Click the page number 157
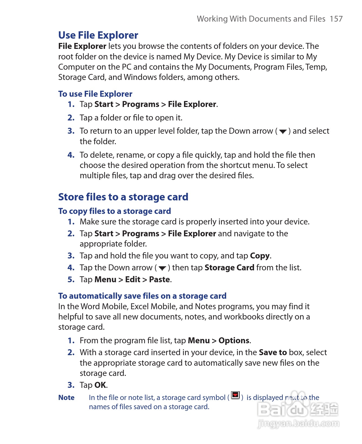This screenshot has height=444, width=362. [336, 19]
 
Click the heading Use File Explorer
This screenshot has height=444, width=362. [98, 35]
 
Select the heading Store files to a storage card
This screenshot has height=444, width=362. [123, 197]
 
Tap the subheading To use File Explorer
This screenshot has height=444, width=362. [95, 94]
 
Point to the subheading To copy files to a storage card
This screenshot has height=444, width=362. [114, 211]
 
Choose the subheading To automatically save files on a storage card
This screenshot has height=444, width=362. [142, 296]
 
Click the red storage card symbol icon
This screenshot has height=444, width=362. [235, 395]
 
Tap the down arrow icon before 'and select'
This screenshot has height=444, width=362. [283, 132]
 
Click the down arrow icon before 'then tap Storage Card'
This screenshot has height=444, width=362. [162, 268]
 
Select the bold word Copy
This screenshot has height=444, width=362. [260, 255]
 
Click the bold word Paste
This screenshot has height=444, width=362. [160, 279]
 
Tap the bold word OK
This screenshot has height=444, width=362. [100, 385]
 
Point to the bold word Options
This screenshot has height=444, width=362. [234, 340]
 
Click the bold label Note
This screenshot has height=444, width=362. [66, 398]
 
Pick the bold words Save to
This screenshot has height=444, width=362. [273, 352]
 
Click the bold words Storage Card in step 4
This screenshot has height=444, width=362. [229, 267]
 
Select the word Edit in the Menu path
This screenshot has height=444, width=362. [133, 279]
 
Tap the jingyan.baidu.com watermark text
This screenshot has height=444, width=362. [298, 424]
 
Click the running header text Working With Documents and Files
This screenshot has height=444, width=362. [261, 19]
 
